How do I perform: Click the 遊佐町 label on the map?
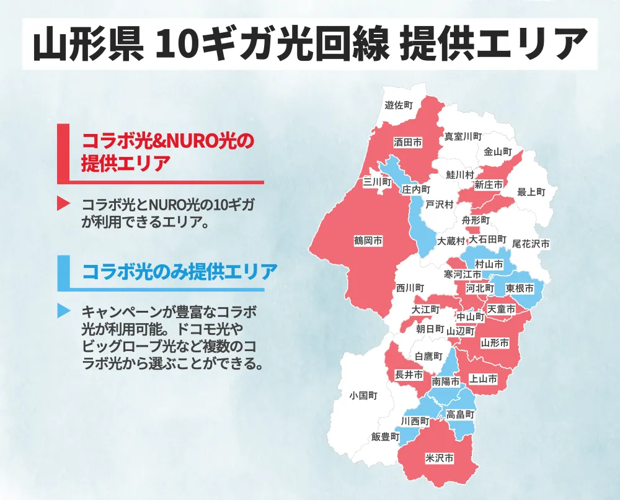399,105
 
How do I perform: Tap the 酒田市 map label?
408,143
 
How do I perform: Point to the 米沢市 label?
439,459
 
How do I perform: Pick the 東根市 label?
520,289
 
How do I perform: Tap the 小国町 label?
363,395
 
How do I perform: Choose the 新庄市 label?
489,185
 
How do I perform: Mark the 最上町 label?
531,192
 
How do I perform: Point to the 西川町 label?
410,288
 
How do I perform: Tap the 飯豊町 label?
385,437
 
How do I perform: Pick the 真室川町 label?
463,136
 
